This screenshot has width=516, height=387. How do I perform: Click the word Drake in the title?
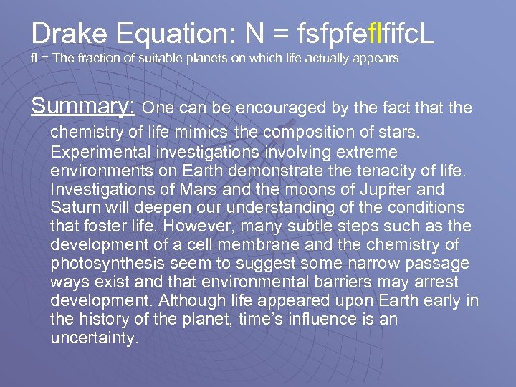69,33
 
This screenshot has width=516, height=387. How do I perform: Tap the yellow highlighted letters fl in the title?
363,33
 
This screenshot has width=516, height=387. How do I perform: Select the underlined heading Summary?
83,107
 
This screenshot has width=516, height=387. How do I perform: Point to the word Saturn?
74,208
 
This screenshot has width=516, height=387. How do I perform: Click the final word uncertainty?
93,338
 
